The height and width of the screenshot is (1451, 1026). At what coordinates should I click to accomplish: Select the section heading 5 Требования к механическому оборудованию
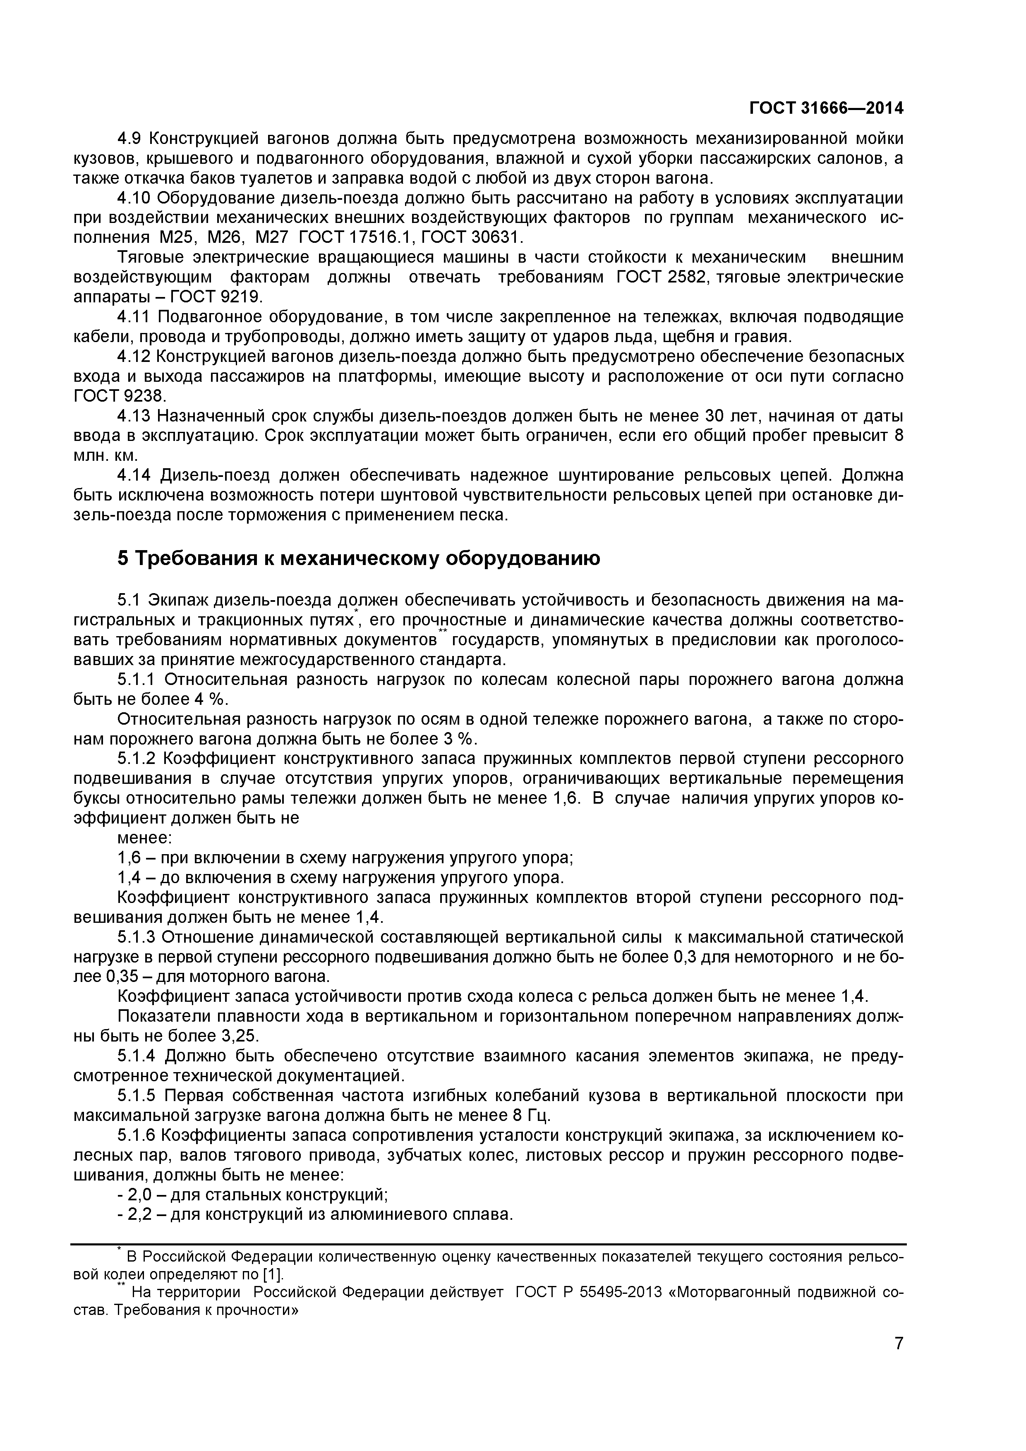[x=358, y=559]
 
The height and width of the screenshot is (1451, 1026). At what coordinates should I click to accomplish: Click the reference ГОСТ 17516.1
[x=355, y=237]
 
